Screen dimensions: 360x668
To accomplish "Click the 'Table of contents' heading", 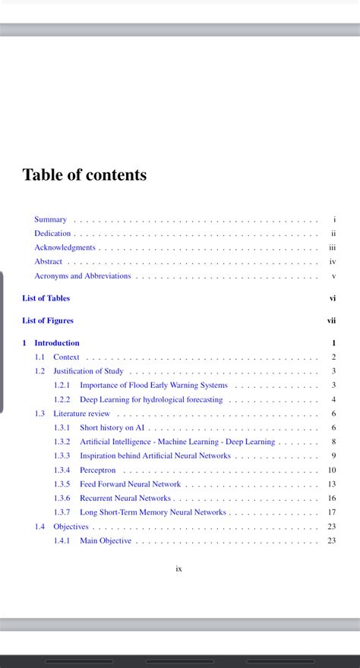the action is (x=84, y=175).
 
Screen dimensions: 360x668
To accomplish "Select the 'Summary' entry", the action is (x=50, y=219).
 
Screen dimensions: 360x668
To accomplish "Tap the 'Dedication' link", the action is (x=52, y=234).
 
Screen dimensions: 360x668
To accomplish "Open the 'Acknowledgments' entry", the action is (x=65, y=247).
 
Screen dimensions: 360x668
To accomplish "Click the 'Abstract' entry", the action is (x=48, y=262).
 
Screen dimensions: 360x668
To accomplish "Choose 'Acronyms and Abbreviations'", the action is (x=82, y=276).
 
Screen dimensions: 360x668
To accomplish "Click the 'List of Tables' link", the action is (x=46, y=298).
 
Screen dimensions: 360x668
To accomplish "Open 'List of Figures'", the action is (x=48, y=321).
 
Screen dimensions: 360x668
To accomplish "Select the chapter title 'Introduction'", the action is (x=57, y=343).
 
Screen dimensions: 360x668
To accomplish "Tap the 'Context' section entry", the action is (x=66, y=357).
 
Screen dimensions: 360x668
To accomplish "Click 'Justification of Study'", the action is (x=88, y=371).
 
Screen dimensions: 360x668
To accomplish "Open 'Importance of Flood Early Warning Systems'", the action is (x=153, y=386).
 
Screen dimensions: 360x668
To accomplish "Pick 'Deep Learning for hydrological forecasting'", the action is (x=151, y=399).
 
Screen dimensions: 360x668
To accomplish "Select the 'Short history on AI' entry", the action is (x=112, y=428).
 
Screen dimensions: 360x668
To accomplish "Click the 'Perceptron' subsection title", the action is (x=97, y=471).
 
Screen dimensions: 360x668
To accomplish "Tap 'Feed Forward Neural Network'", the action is (x=130, y=484).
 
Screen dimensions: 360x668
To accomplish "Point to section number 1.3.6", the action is (x=62, y=499).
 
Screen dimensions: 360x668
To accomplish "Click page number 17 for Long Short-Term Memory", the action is (x=332, y=512).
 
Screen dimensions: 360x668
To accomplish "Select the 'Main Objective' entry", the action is (x=106, y=540).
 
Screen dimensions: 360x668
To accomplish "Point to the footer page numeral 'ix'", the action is (x=179, y=569).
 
